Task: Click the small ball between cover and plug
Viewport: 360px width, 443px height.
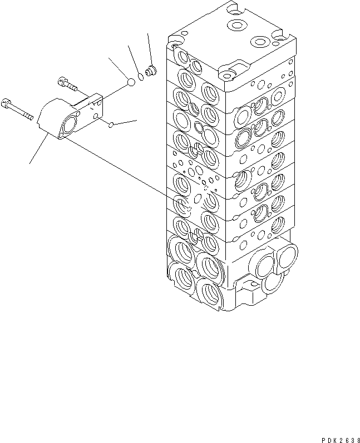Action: pyautogui.click(x=130, y=82)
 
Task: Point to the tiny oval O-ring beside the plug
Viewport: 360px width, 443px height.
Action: pyautogui.click(x=141, y=77)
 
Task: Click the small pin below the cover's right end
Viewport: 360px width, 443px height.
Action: pyautogui.click(x=111, y=125)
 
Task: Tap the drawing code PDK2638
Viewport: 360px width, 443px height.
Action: pyautogui.click(x=336, y=437)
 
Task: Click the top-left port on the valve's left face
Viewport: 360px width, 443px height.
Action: pyautogui.click(x=183, y=56)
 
